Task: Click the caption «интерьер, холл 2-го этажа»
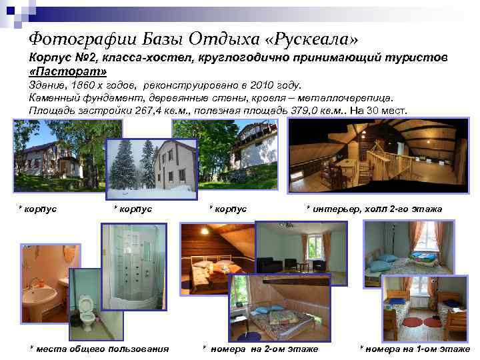[377, 209]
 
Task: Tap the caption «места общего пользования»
[100, 349]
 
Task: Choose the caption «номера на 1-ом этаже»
[417, 349]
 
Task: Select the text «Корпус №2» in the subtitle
[60, 58]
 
